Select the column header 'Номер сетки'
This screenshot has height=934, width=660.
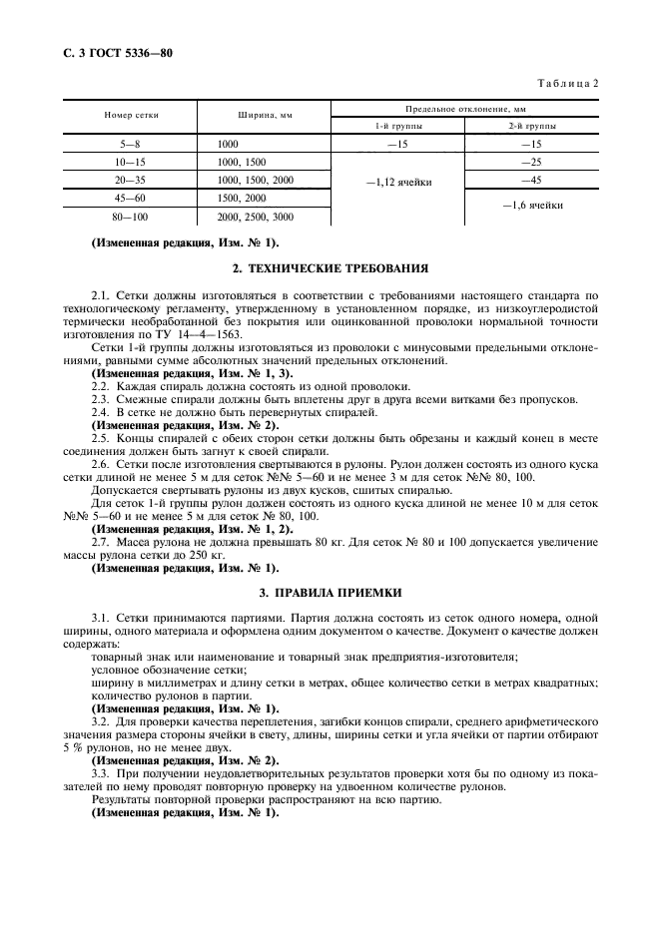(131, 115)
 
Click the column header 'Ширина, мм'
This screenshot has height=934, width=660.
(265, 115)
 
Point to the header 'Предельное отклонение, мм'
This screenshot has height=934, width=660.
(464, 107)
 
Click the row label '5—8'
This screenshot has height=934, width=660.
(131, 144)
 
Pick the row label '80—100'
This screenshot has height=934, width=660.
(131, 216)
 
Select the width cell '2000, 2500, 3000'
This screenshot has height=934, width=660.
(255, 216)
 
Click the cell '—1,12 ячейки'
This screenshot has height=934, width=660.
(397, 181)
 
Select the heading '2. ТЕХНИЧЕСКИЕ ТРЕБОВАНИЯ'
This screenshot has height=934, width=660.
(330, 268)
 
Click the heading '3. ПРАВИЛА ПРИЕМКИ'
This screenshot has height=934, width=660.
(330, 593)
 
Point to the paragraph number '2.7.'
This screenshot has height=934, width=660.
(102, 540)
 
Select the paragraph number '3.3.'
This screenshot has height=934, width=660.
(102, 773)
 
